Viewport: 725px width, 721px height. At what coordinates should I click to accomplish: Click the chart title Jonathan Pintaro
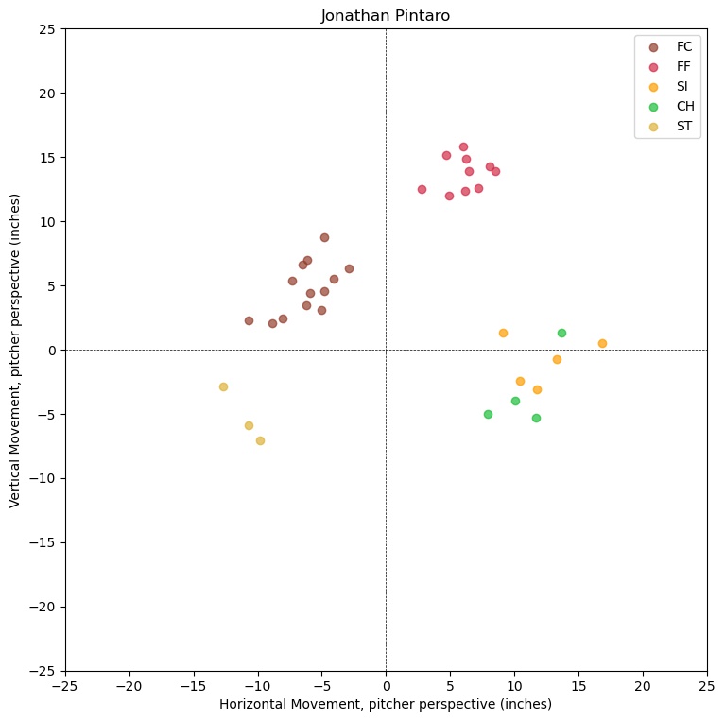pos(386,16)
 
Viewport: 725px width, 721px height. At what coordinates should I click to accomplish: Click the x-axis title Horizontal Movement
pos(386,704)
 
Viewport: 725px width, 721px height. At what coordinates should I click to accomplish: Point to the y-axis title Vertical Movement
pos(16,350)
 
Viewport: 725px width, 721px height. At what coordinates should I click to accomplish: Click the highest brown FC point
pos(324,237)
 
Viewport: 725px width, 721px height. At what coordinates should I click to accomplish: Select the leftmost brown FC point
pos(249,320)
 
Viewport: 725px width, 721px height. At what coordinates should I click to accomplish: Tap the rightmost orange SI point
pos(602,343)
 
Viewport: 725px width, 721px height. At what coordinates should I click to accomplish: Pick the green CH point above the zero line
pos(561,333)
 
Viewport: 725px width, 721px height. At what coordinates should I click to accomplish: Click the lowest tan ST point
pos(260,440)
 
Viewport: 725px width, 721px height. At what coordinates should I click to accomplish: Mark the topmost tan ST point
pos(223,386)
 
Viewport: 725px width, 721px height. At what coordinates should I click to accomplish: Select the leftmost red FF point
pos(422,189)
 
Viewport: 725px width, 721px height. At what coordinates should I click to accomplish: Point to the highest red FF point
pos(463,146)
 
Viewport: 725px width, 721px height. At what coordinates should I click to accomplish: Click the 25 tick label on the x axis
pos(707,684)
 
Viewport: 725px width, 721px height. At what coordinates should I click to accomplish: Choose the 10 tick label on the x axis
pos(514,684)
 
